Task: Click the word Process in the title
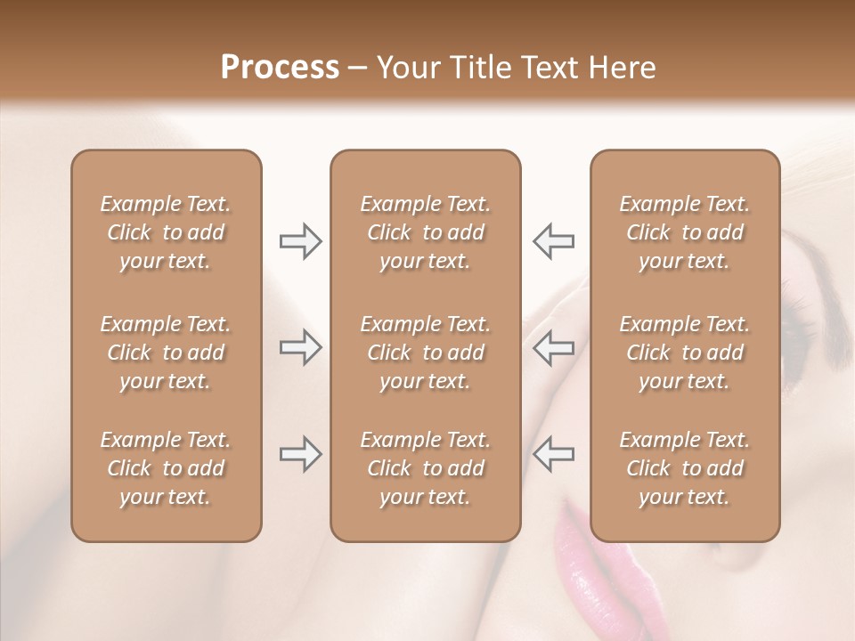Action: pyautogui.click(x=280, y=68)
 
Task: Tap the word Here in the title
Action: pyautogui.click(x=621, y=68)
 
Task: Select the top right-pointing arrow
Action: pyautogui.click(x=300, y=241)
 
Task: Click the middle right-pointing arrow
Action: pyautogui.click(x=300, y=347)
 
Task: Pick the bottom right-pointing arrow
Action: pyautogui.click(x=300, y=454)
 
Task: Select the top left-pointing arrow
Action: pyautogui.click(x=554, y=241)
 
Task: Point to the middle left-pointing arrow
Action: pyautogui.click(x=554, y=347)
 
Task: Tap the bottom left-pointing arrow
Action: pyautogui.click(x=554, y=454)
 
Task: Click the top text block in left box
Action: pyautogui.click(x=166, y=232)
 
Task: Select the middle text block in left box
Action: pyautogui.click(x=166, y=353)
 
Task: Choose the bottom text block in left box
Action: pyautogui.click(x=166, y=468)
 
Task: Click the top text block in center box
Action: pyautogui.click(x=425, y=232)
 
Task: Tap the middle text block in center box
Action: pyautogui.click(x=425, y=353)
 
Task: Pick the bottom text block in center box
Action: pyautogui.click(x=425, y=468)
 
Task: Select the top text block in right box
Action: pyautogui.click(x=685, y=232)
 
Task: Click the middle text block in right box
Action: pyautogui.click(x=685, y=353)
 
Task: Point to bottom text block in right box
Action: pyautogui.click(x=685, y=468)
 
